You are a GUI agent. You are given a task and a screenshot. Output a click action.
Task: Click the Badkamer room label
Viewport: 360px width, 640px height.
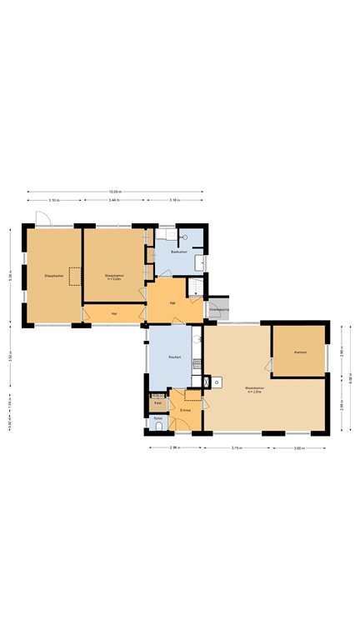click(177, 251)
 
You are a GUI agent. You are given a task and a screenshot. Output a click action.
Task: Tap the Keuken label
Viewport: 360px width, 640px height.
click(175, 357)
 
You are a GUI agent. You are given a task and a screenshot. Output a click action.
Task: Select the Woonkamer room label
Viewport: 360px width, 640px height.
click(255, 389)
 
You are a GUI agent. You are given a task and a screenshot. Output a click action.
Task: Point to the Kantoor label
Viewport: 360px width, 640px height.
click(300, 352)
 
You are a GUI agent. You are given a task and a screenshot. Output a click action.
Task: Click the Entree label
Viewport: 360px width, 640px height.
click(185, 410)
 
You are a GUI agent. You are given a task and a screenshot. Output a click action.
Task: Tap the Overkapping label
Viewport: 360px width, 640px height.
click(218, 309)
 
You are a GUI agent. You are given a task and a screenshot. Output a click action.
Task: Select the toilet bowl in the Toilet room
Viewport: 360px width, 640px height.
click(158, 426)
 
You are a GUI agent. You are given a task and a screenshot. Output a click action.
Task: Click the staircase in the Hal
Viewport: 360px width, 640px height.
click(195, 287)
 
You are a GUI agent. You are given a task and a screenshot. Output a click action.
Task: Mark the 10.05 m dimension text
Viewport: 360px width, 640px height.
click(114, 191)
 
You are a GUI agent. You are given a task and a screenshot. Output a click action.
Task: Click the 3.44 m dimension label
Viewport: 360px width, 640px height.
click(114, 201)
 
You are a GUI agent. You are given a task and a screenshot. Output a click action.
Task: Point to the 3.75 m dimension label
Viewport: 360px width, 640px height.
click(237, 447)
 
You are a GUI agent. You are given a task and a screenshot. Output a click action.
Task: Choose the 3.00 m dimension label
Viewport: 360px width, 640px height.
click(299, 447)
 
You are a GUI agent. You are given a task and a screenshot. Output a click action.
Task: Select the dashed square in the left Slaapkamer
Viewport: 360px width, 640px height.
click(75, 276)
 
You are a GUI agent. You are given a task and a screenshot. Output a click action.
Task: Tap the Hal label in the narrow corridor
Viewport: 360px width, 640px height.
click(113, 314)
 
